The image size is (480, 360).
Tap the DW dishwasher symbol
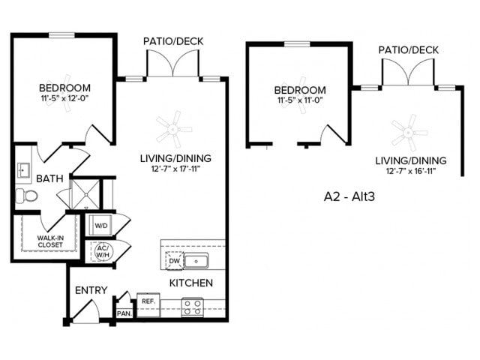point(172,260)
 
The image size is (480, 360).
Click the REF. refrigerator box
point(148,301)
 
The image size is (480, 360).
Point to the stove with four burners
point(192,306)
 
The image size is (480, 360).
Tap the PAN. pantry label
point(123,313)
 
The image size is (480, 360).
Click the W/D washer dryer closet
point(100,224)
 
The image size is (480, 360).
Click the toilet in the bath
point(28,196)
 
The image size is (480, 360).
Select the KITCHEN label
point(190,283)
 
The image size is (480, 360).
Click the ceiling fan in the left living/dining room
point(169,127)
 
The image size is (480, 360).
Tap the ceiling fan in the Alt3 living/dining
point(409,132)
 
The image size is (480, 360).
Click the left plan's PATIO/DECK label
point(173,40)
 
